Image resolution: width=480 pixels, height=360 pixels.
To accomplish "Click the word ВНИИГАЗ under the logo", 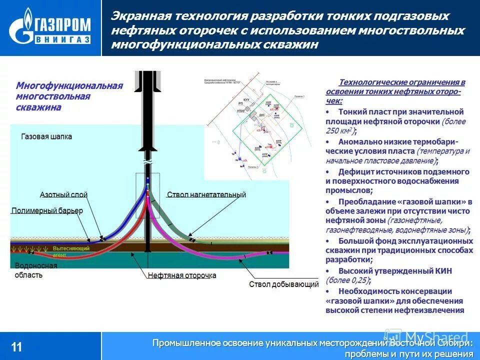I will point(62,39).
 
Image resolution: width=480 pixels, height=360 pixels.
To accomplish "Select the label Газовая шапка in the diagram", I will point(46,136).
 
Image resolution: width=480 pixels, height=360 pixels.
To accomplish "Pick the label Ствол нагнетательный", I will point(206,194).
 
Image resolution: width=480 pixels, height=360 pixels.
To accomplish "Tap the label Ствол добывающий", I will point(283,284).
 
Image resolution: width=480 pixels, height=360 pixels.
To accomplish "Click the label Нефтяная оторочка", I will point(181,275).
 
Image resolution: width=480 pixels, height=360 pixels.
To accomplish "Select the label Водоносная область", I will point(35,270).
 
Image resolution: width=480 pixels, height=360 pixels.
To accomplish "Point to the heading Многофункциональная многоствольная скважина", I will point(69,96).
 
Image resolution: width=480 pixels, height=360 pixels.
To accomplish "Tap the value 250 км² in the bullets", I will point(338,131).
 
